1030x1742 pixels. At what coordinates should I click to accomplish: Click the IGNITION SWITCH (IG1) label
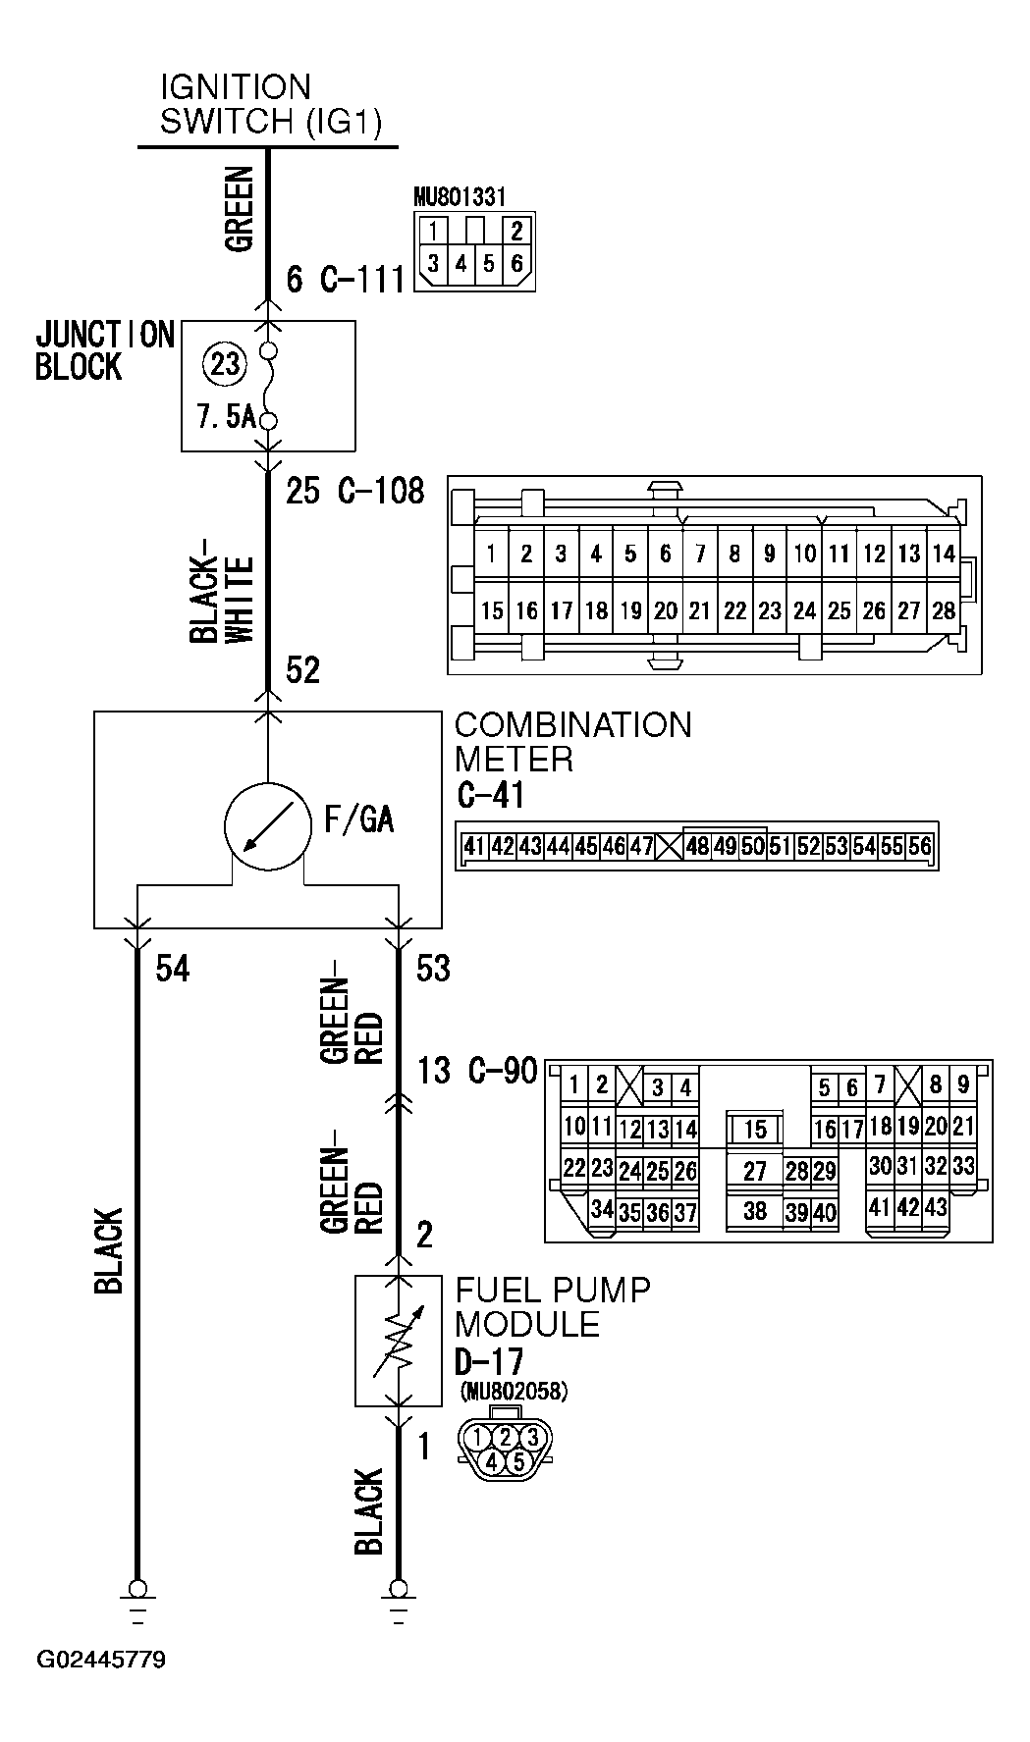click(x=270, y=104)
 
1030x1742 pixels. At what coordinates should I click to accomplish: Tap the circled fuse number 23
click(x=225, y=364)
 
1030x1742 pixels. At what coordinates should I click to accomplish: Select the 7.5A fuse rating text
click(x=226, y=417)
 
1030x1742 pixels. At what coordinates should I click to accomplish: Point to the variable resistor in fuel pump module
click(x=398, y=1341)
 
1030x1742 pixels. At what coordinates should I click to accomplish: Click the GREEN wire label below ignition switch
click(x=240, y=209)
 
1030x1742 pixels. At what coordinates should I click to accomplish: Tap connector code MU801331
click(x=460, y=197)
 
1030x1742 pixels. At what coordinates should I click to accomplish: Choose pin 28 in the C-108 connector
click(x=944, y=611)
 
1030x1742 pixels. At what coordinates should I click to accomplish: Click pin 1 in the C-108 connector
click(x=491, y=554)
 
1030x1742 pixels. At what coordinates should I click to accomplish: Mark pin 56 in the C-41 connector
click(x=920, y=846)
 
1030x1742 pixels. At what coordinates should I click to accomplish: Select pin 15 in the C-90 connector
click(x=754, y=1130)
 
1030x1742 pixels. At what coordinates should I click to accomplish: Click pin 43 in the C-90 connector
click(x=936, y=1207)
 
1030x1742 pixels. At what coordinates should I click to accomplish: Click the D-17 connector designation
click(x=488, y=1361)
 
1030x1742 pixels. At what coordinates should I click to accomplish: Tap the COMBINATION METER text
click(x=572, y=741)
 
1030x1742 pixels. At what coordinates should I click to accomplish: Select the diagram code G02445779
click(x=101, y=1660)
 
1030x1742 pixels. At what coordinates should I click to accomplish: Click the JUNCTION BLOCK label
click(x=104, y=350)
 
